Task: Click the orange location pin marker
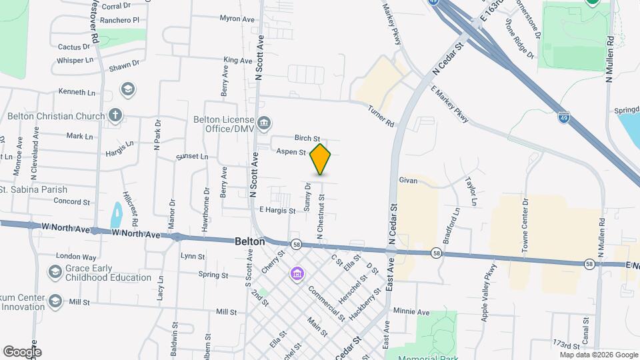pos(321,159)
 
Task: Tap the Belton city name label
pos(250,242)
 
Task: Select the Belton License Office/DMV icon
pos(265,123)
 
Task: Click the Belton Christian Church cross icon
pos(115,115)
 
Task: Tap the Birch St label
pos(307,138)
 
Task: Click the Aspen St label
pos(291,152)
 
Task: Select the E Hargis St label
pos(277,211)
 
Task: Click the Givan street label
pos(408,180)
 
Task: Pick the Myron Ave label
pos(237,19)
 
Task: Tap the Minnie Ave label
pos(411,311)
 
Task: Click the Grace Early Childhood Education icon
pos(55,272)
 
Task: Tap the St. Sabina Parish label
pos(33,189)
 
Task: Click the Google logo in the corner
pos(22,352)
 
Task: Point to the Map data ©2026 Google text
pos(597,355)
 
